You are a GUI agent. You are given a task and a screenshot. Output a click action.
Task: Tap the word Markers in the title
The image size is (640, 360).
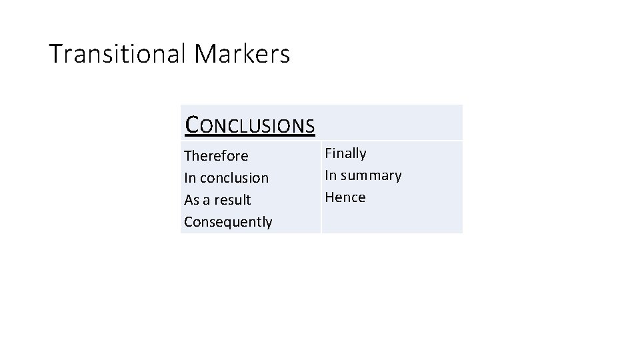point(243,53)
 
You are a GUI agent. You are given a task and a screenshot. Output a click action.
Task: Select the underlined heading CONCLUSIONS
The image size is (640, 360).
point(250,125)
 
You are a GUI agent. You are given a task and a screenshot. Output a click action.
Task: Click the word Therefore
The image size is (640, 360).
point(216,156)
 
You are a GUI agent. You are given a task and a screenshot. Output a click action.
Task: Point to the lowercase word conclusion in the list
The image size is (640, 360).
point(233,178)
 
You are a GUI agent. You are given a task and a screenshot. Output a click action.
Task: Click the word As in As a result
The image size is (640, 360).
point(191,200)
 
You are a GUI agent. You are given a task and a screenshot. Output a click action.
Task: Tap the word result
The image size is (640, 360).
point(233,200)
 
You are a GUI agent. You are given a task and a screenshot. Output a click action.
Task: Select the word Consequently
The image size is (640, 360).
point(228,222)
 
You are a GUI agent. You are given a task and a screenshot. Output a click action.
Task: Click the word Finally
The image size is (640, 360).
point(345,153)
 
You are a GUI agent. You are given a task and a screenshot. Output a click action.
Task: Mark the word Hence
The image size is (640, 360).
point(345,197)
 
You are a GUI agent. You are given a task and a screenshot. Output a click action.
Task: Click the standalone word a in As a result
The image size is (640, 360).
point(207,201)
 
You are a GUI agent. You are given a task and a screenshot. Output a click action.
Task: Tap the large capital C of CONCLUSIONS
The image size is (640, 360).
point(192,124)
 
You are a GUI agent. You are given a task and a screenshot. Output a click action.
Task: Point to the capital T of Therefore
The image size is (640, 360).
point(188,156)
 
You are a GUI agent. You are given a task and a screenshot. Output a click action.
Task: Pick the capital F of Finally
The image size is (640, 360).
point(328,153)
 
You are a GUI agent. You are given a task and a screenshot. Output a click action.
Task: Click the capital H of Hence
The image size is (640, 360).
point(329,197)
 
